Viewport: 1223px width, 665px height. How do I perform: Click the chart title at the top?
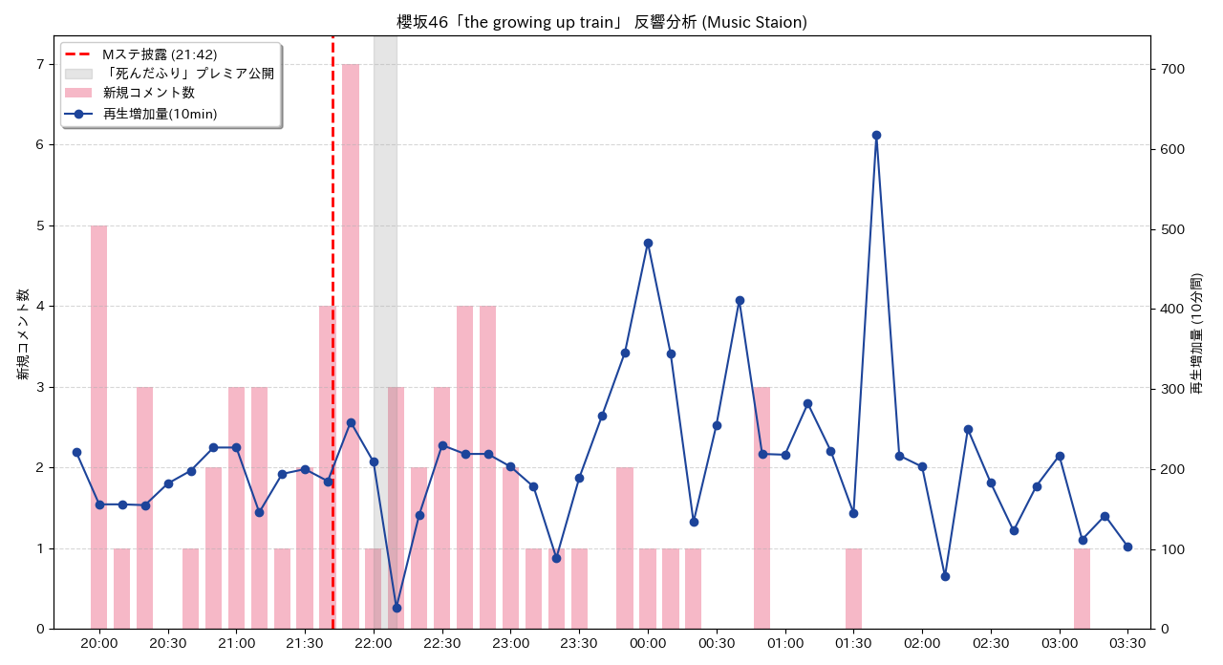[x=602, y=22]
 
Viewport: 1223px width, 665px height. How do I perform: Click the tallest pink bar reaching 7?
[x=351, y=344]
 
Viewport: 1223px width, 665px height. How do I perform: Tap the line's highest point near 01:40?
[x=876, y=135]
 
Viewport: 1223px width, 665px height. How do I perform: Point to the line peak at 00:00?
[x=648, y=243]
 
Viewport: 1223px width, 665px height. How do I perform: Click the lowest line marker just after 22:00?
[x=397, y=608]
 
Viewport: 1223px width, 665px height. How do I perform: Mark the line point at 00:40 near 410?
[x=740, y=300]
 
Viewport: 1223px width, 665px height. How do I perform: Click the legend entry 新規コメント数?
[x=148, y=93]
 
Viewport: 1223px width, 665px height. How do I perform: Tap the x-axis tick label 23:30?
[x=579, y=643]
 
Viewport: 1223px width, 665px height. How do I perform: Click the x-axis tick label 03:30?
[x=1127, y=643]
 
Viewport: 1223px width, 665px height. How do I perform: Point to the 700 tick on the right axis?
[x=1171, y=69]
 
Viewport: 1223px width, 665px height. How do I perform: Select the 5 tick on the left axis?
[x=39, y=226]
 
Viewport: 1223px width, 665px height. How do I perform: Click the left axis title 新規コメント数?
[x=23, y=333]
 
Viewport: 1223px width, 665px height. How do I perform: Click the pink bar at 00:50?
[x=762, y=507]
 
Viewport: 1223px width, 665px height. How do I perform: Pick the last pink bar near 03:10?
[x=1082, y=589]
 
